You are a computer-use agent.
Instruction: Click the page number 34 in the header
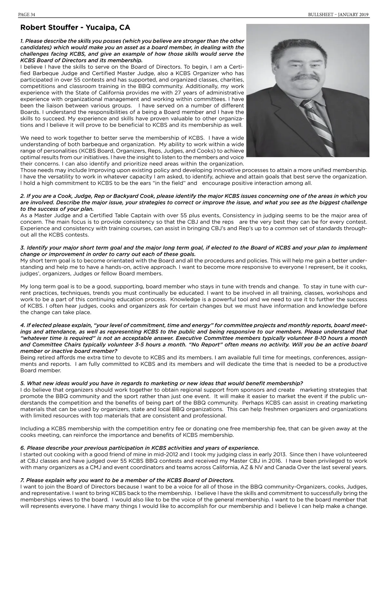(32, 15)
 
